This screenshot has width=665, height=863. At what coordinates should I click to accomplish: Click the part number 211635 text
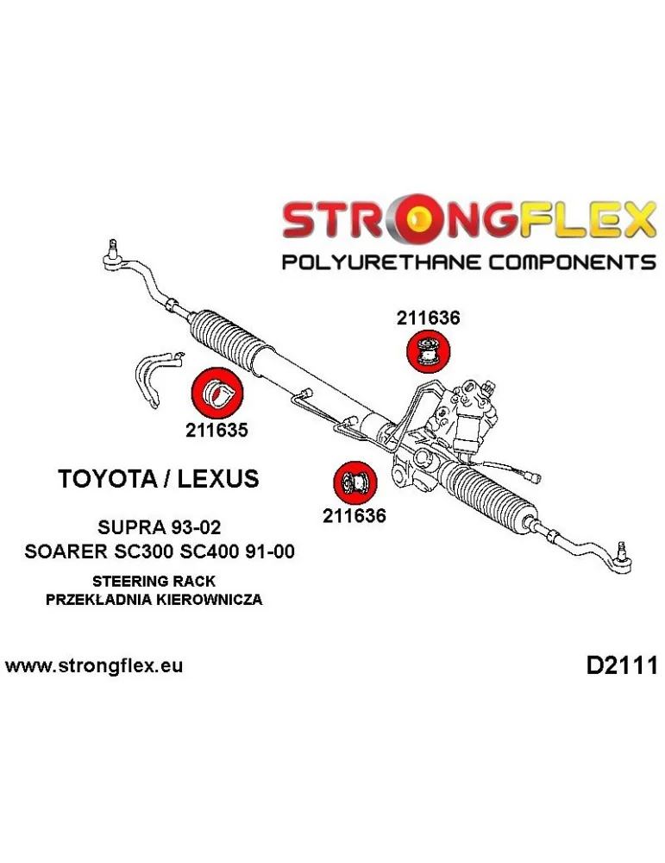point(216,430)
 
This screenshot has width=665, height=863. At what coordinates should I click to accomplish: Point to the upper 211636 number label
point(428,318)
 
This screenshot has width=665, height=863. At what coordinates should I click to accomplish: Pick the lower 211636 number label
point(354,516)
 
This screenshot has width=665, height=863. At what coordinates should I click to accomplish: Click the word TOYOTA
point(105,478)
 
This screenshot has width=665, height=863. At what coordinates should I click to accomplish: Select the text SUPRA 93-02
point(159,527)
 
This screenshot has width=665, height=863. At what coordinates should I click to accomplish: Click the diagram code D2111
point(622,666)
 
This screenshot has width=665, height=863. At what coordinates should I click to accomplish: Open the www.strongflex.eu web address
point(93,666)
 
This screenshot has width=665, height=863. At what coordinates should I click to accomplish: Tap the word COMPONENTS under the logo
point(573,261)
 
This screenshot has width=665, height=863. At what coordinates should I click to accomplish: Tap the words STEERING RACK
point(154,581)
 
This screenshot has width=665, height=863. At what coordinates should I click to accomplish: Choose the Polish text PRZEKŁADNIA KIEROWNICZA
point(154,600)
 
